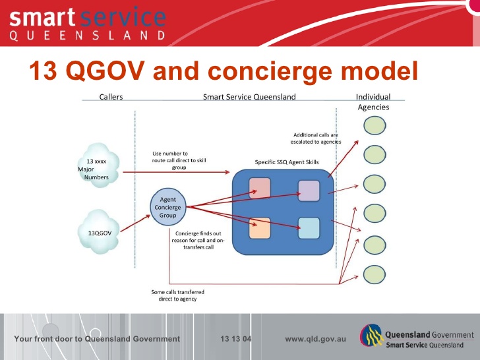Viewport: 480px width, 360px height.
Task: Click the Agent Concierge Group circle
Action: pyautogui.click(x=167, y=207)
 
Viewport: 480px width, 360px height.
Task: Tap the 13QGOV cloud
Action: pyautogui.click(x=99, y=231)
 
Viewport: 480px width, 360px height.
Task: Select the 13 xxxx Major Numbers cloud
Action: pyautogui.click(x=98, y=165)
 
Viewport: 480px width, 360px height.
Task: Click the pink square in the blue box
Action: pyautogui.click(x=260, y=188)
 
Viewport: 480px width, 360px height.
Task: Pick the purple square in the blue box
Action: pyautogui.click(x=309, y=191)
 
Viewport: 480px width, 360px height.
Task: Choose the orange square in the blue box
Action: pyautogui.click(x=260, y=228)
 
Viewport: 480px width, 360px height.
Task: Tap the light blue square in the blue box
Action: pyautogui.click(x=309, y=228)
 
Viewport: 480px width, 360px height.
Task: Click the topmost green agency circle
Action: pyautogui.click(x=375, y=125)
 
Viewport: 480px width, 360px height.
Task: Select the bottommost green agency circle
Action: pyautogui.click(x=375, y=274)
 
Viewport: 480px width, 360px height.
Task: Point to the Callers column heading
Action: pyautogui.click(x=111, y=97)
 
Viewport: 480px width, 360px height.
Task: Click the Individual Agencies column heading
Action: pyautogui.click(x=373, y=102)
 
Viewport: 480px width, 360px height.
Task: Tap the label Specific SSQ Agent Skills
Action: pyautogui.click(x=287, y=162)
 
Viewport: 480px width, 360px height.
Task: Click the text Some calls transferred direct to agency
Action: pyautogui.click(x=177, y=295)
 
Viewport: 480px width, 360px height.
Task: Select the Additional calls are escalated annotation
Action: pyautogui.click(x=316, y=138)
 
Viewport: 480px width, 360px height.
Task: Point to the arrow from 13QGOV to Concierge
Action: pyautogui.click(x=135, y=224)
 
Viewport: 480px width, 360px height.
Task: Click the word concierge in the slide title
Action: pyautogui.click(x=270, y=71)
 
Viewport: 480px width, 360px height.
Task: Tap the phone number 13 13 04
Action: pyautogui.click(x=236, y=339)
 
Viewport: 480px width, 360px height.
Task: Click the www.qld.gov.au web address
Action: pyautogui.click(x=315, y=339)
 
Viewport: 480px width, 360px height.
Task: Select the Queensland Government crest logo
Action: pyautogui.click(x=372, y=336)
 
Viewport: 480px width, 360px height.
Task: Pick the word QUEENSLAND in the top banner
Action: pyautogui.click(x=88, y=36)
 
